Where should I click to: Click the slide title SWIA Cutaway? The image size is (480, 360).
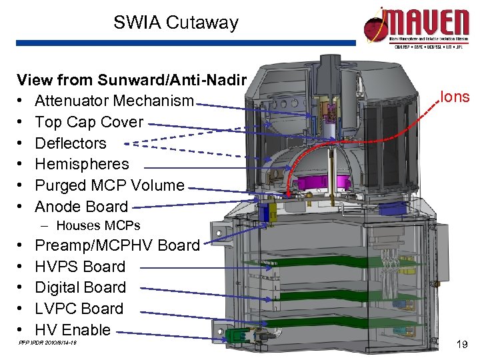[175, 23]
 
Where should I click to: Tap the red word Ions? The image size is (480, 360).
[455, 97]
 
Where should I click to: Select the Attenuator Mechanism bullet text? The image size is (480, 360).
[114, 101]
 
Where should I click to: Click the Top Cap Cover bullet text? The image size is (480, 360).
[89, 122]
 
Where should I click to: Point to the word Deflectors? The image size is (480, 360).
[71, 143]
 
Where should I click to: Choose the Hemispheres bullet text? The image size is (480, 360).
[82, 164]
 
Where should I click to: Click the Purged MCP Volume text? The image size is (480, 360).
[109, 185]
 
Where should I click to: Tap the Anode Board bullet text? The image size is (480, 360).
[81, 207]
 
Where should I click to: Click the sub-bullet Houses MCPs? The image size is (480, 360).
[98, 226]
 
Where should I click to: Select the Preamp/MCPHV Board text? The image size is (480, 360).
[117, 245]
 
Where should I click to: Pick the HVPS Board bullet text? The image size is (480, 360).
[80, 267]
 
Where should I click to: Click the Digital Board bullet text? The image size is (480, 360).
[80, 287]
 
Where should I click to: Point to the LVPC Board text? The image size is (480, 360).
[79, 309]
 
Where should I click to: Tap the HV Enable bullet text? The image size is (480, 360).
[73, 330]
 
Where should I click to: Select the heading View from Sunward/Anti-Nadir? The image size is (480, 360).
[132, 81]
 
